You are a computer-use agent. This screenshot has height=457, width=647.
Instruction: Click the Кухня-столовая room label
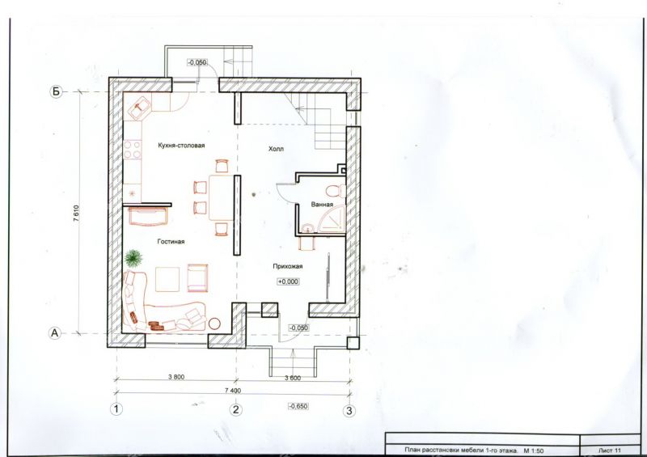(181, 146)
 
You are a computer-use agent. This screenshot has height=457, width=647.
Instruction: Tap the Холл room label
(276, 149)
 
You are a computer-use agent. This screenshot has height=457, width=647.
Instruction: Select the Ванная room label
(322, 205)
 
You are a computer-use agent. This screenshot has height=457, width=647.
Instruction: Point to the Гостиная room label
(171, 242)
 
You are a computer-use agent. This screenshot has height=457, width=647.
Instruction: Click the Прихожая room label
(288, 266)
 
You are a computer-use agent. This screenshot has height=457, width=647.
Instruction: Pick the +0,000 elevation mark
(288, 281)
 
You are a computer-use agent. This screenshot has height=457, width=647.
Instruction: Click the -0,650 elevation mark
(298, 406)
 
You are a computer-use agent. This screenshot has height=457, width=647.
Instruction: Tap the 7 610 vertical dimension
(76, 214)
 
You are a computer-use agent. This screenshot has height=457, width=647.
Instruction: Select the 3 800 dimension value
(176, 376)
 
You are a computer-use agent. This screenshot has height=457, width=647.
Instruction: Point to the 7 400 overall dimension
(233, 390)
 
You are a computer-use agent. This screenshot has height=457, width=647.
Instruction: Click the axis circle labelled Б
(56, 91)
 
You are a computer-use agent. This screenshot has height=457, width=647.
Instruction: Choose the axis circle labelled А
(55, 332)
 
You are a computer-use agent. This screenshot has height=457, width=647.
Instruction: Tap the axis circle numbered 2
(235, 409)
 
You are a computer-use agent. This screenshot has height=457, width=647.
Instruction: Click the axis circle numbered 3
(349, 410)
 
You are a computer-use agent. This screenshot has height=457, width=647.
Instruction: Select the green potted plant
(133, 259)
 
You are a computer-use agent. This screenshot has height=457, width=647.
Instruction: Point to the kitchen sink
(141, 107)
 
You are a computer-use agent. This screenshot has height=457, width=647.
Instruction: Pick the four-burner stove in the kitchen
(132, 150)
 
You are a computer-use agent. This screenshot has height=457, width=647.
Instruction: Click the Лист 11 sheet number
(609, 450)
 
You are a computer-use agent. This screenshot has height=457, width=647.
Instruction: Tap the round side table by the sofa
(214, 324)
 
